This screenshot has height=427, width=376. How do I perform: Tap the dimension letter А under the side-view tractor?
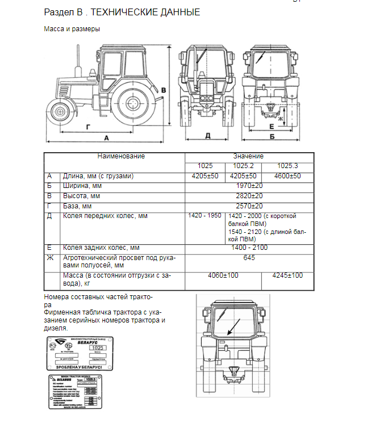click(x=106, y=138)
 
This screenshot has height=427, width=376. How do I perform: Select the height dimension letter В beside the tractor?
click(x=164, y=90)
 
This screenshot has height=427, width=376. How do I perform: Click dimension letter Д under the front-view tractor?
click(x=208, y=135)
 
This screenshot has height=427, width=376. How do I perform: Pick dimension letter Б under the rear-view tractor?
click(x=273, y=137)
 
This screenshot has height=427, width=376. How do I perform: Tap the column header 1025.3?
click(x=288, y=166)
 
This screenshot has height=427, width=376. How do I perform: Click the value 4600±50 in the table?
click(x=288, y=176)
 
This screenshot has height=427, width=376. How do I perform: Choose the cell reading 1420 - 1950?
click(x=204, y=216)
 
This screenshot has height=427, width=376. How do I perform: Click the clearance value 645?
click(x=248, y=258)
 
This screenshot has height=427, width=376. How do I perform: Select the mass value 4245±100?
click(x=288, y=275)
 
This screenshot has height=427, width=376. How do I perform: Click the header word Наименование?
click(x=121, y=156)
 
